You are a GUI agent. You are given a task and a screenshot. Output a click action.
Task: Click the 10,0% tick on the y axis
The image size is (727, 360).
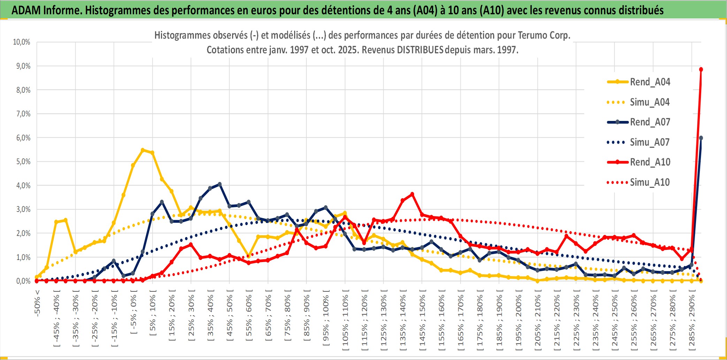(x=22, y=42)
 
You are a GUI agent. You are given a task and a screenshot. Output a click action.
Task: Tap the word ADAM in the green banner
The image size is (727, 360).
(x=26, y=10)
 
